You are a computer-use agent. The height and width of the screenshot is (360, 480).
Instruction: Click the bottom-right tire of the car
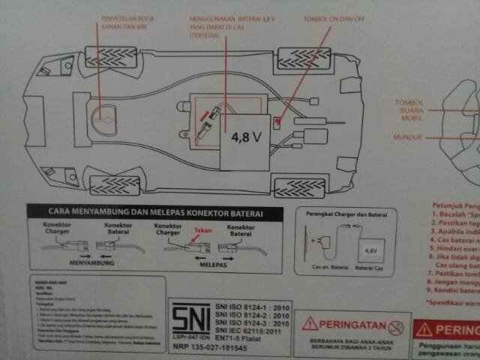(x=300, y=187)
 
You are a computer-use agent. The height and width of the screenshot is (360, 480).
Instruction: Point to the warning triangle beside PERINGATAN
(x=310, y=324)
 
